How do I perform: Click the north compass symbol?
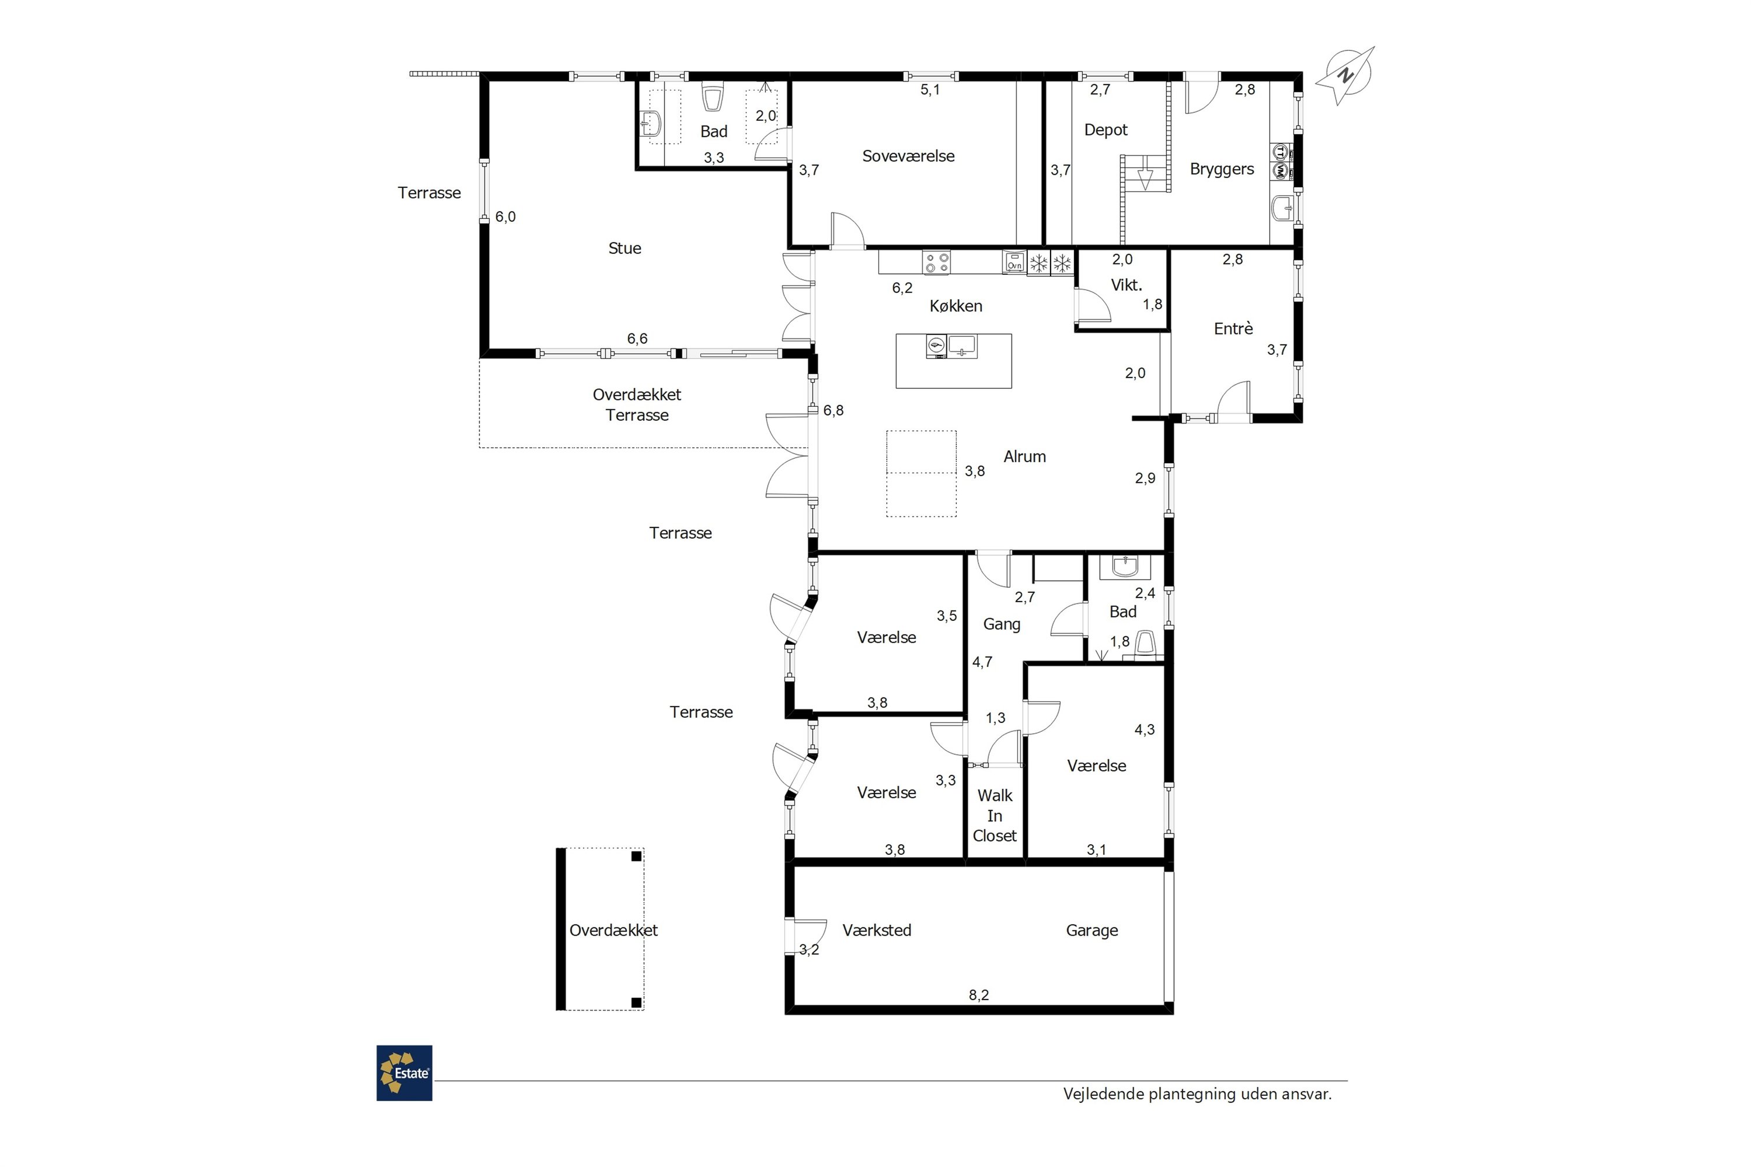pyautogui.click(x=1345, y=75)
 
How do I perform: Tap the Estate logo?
pyautogui.click(x=404, y=1073)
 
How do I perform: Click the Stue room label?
pyautogui.click(x=625, y=249)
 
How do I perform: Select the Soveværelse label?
pyautogui.click(x=908, y=156)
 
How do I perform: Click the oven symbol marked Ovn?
pyautogui.click(x=1014, y=262)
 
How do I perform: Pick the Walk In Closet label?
pyautogui.click(x=995, y=816)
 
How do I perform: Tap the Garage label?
pyautogui.click(x=1092, y=930)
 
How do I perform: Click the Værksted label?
pyautogui.click(x=877, y=930)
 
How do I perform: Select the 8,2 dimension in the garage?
pyautogui.click(x=979, y=995)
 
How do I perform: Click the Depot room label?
pyautogui.click(x=1105, y=130)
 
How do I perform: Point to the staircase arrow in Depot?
pyautogui.click(x=1145, y=179)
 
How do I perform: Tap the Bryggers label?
pyautogui.click(x=1222, y=170)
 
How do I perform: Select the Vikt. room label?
pyautogui.click(x=1126, y=285)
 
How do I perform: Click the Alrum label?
pyautogui.click(x=1024, y=457)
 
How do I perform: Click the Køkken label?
pyautogui.click(x=956, y=306)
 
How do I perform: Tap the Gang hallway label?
pyautogui.click(x=1002, y=624)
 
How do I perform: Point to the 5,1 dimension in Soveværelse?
pyautogui.click(x=930, y=90)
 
